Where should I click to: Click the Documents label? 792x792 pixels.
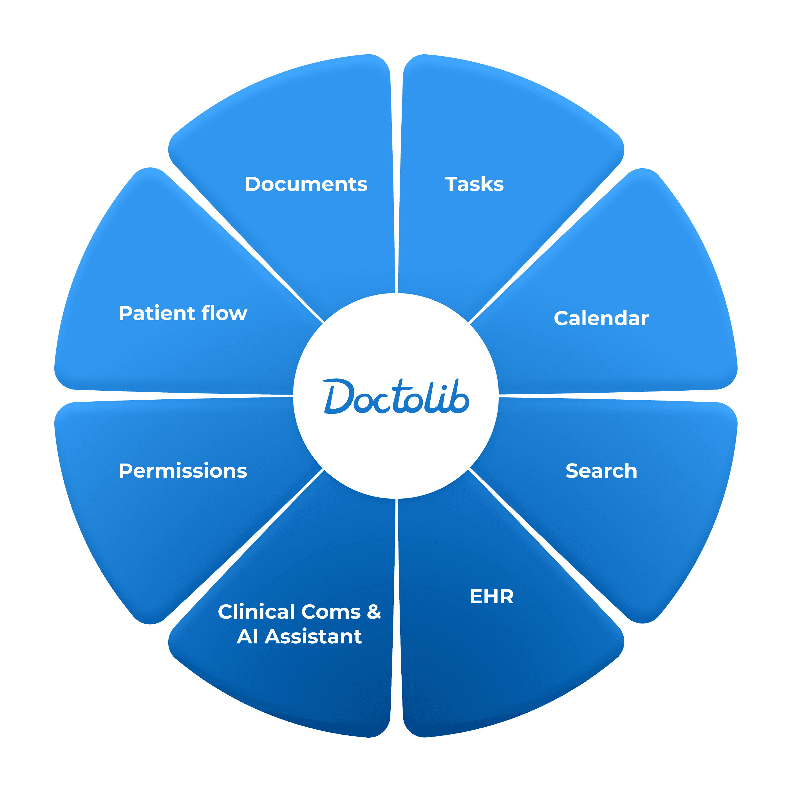(x=306, y=184)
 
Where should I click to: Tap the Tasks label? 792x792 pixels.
(x=474, y=184)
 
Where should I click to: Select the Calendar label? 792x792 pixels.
(x=601, y=319)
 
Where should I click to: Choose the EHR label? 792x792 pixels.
(x=491, y=596)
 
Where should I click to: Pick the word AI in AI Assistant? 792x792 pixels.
(x=247, y=637)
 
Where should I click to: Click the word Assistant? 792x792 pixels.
(x=313, y=637)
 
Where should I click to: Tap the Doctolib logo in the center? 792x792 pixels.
(x=396, y=396)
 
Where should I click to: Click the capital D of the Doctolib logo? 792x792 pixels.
(x=339, y=396)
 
